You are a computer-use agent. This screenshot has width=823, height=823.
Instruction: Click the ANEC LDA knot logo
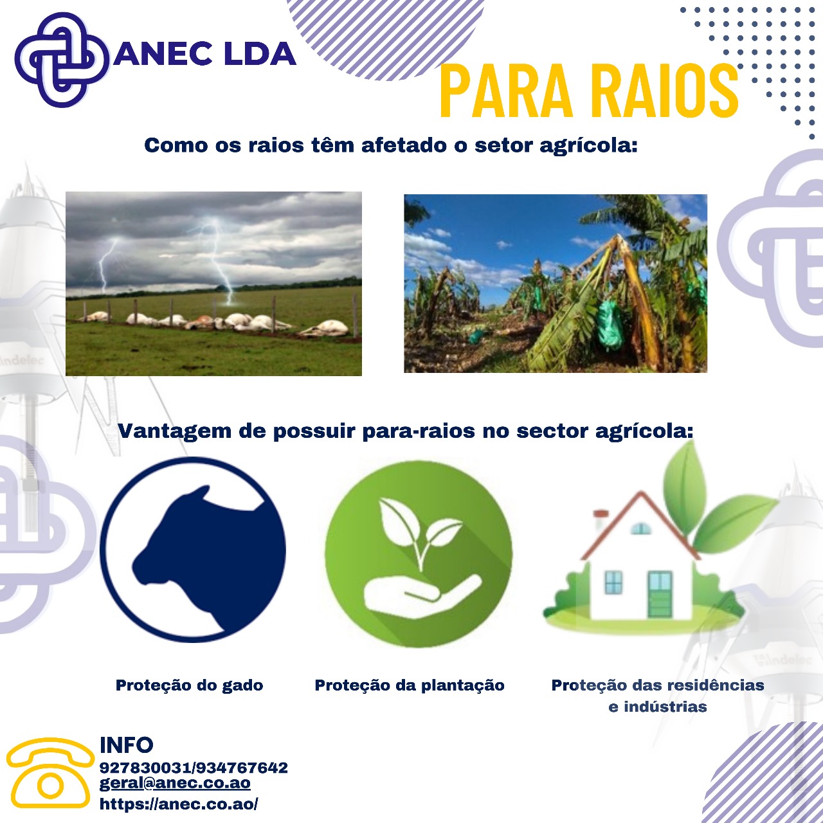pos(62,59)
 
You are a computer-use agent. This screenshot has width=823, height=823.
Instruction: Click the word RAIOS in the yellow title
pos(665,91)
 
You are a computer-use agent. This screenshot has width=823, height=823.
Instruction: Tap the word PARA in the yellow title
pos(507,91)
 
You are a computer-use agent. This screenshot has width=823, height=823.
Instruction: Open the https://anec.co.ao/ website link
pos(179,804)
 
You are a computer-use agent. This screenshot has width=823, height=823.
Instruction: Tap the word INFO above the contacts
pos(127,745)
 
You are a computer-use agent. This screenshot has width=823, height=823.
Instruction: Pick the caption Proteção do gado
pos(189,685)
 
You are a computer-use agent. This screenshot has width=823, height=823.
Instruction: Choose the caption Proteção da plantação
pos(410,685)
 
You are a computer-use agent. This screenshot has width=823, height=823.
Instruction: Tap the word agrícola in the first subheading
pos(588,146)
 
